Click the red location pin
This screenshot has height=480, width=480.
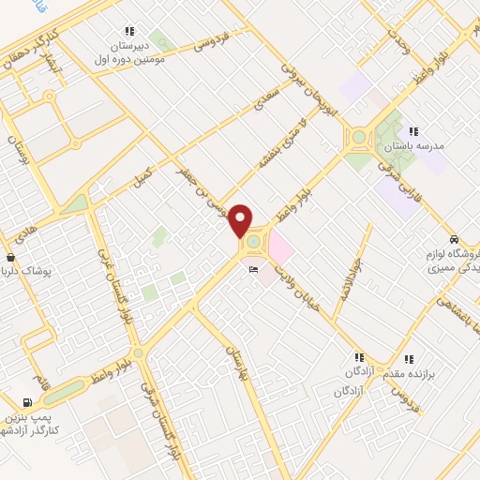point(242,219)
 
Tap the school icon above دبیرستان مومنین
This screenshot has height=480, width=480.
point(128,31)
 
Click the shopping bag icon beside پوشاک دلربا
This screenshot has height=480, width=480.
point(10,257)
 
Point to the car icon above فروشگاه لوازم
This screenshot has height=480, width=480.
point(455,238)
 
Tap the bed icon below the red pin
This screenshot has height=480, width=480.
point(253,270)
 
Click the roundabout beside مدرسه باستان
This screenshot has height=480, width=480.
point(359,138)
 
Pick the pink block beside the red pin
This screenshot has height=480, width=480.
point(281,248)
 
